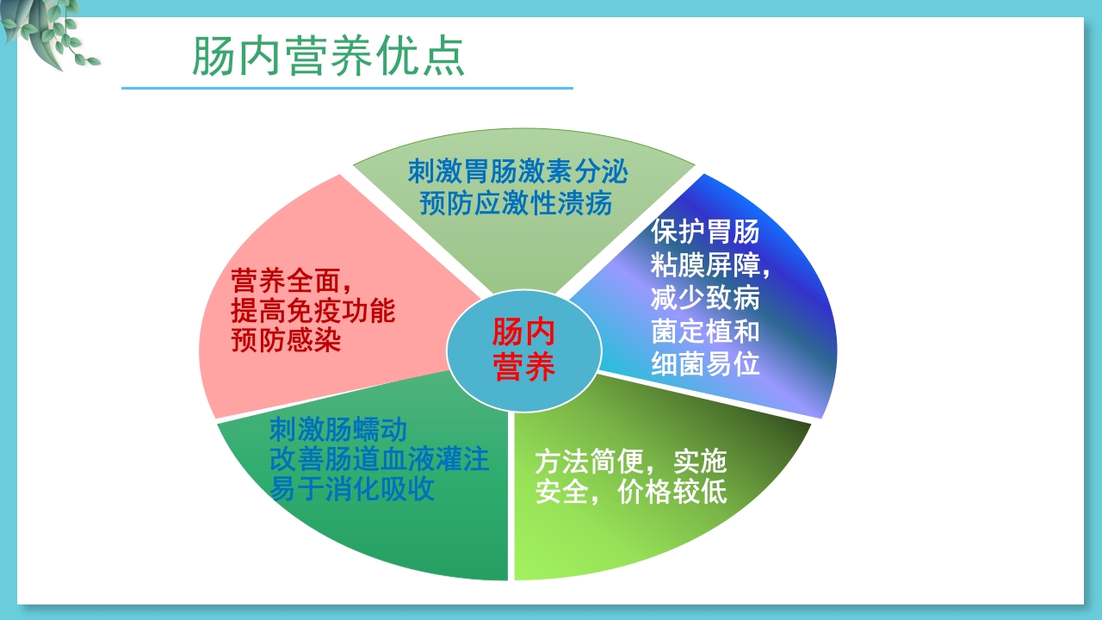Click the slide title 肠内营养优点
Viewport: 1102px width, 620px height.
tap(328, 57)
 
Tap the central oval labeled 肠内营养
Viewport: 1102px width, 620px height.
tap(523, 350)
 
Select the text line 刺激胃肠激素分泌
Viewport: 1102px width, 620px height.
tap(517, 171)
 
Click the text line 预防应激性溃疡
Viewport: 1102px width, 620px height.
tap(516, 203)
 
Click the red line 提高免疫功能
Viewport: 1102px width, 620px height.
tap(313, 310)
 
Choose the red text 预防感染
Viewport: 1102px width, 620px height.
tap(286, 340)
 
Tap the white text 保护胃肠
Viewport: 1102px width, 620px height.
tap(705, 232)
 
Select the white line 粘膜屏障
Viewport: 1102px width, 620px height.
tap(709, 265)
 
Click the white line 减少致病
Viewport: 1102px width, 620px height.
tap(705, 298)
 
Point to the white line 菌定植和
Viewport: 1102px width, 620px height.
tap(705, 331)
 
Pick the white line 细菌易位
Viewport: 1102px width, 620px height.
tap(705, 363)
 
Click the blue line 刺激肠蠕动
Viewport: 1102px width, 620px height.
tap(337, 428)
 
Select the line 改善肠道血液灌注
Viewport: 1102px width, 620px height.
tap(379, 459)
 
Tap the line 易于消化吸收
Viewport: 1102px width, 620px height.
tap(351, 490)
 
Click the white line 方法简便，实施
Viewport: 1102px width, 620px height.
tap(631, 462)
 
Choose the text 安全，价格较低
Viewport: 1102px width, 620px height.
tap(631, 493)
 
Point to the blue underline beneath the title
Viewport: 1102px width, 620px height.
tap(347, 88)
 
